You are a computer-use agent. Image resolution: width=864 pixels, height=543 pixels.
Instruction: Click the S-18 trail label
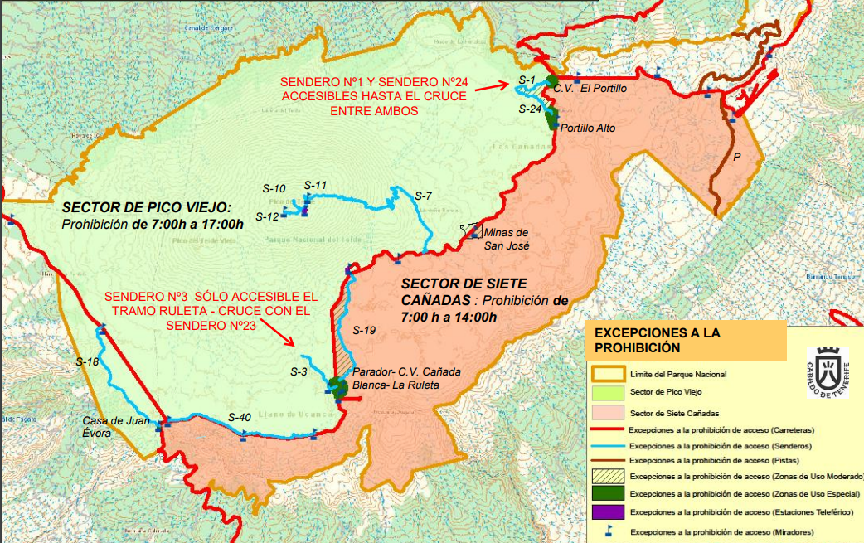87,361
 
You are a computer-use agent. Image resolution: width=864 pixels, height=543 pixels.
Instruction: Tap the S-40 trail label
239,417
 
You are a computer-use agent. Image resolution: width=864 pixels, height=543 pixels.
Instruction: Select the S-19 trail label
364,330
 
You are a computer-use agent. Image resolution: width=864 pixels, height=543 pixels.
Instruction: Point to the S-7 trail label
423,196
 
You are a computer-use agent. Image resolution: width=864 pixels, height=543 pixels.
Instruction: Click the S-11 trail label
316,185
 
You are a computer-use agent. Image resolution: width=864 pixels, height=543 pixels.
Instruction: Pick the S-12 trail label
267,216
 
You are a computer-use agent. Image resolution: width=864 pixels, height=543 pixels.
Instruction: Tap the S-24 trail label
531,109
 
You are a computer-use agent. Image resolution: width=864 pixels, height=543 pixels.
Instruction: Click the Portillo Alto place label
588,128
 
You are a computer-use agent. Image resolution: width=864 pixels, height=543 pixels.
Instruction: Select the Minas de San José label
506,239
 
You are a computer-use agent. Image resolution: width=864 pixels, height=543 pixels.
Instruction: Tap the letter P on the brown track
737,156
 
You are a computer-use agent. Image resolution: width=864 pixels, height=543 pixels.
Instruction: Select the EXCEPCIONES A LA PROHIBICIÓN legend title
657,340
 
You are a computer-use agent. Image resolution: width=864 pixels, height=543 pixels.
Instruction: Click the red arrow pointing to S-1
498,85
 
